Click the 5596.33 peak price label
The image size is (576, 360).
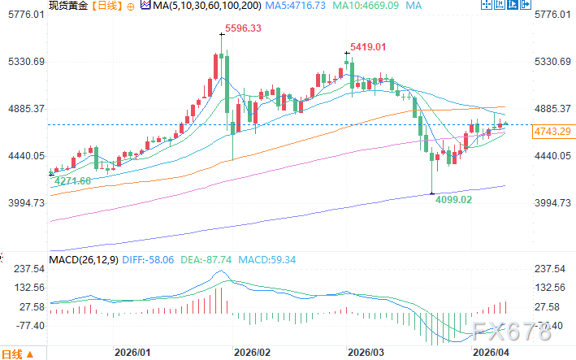coord(243,28)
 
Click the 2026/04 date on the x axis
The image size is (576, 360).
coord(490,353)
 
